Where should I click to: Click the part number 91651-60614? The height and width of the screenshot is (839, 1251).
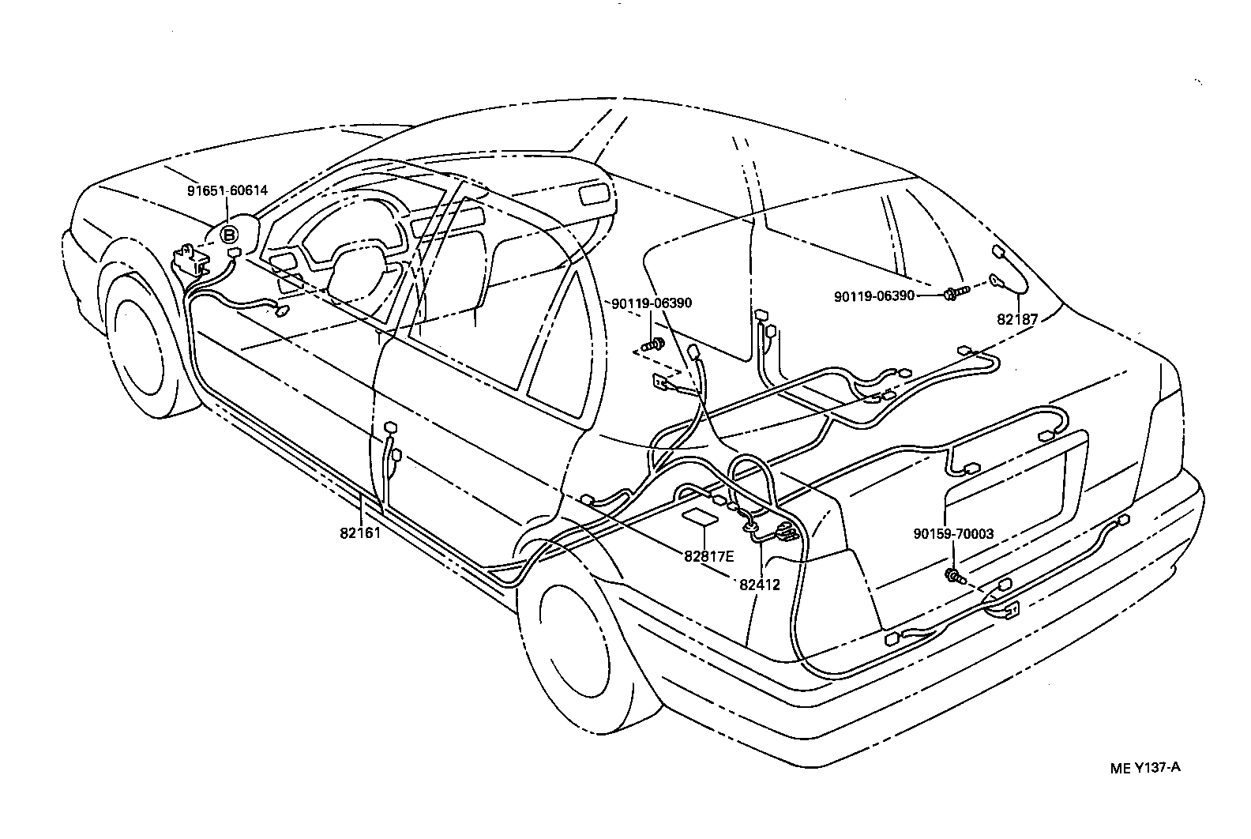coord(227,190)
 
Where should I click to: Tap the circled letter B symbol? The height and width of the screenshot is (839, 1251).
coord(228,235)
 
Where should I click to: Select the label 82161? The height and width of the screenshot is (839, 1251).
coord(360,532)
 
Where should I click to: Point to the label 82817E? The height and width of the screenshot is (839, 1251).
coord(709,556)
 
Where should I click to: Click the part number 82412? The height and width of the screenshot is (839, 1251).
coord(760,585)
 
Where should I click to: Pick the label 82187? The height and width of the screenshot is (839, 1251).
coord(1017,318)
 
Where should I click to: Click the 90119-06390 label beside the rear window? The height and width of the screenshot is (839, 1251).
coord(873,295)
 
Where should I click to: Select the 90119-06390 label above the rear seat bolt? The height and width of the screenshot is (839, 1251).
coord(652,303)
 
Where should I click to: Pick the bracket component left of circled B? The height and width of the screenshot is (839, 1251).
coord(187,258)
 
